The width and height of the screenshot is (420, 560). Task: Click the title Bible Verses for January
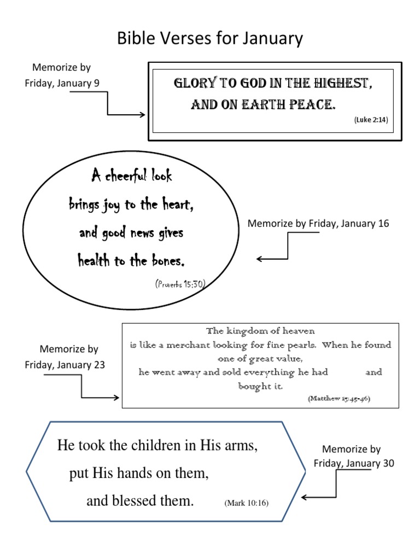(x=210, y=39)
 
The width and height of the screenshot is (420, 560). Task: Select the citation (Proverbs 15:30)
(x=180, y=284)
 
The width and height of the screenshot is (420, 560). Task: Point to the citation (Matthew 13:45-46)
(x=339, y=399)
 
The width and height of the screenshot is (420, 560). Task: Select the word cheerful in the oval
(x=125, y=177)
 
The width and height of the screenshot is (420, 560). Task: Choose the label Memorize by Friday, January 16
(x=318, y=224)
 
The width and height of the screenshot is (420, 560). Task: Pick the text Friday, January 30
(x=354, y=464)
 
